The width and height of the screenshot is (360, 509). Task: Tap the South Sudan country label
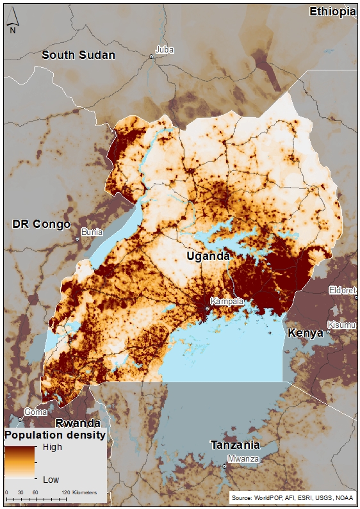78,55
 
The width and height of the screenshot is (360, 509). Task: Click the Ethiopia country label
332,12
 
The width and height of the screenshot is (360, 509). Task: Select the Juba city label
165,50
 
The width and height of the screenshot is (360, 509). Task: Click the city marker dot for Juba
152,57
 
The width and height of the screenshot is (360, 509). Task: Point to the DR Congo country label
40,224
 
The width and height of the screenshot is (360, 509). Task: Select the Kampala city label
225,301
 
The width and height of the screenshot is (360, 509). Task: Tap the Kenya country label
306,333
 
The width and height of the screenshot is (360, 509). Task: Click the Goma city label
35,412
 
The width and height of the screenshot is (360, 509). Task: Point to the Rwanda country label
78,423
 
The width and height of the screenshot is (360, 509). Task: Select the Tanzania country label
236,445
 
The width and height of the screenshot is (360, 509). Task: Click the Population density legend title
55,435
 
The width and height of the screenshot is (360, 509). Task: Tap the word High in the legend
52,447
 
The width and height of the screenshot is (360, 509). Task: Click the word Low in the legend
51,479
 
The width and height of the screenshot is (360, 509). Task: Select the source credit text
292,497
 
